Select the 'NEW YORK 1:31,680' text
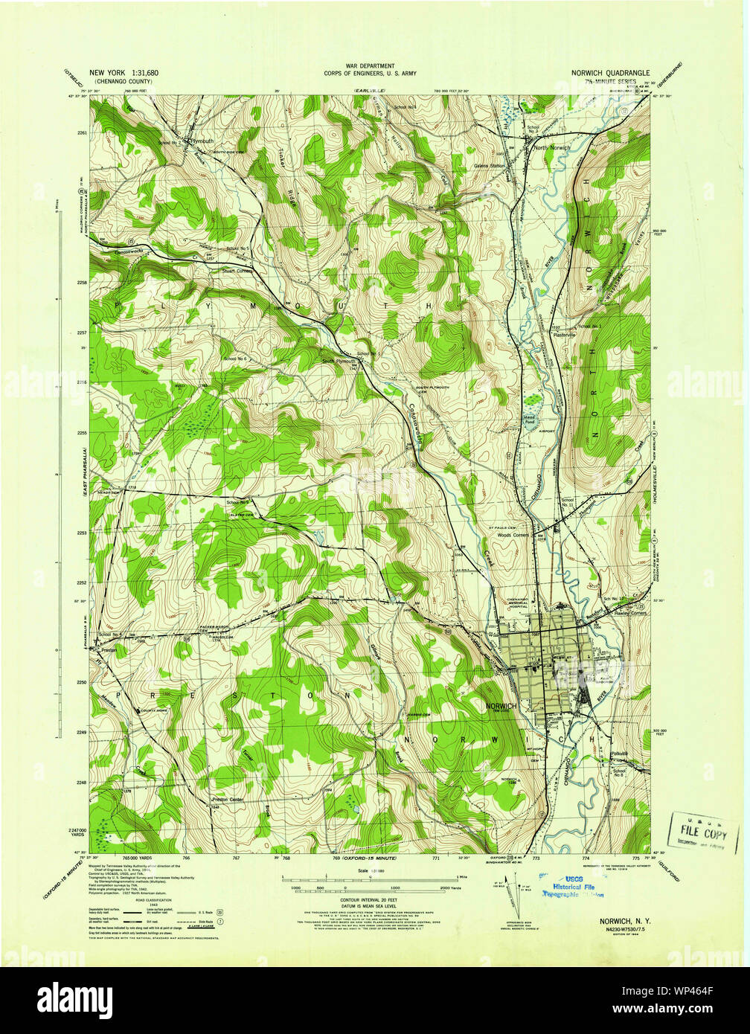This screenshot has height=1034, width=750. (124, 73)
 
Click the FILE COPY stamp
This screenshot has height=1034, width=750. (704, 832)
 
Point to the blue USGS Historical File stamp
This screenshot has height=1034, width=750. (577, 887)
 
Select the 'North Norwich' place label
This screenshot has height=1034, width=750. (551, 148)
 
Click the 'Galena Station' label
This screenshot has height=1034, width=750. (490, 166)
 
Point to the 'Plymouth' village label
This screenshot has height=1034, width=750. (202, 140)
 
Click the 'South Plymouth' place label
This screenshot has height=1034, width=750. (339, 362)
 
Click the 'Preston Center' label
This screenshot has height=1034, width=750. (227, 800)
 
